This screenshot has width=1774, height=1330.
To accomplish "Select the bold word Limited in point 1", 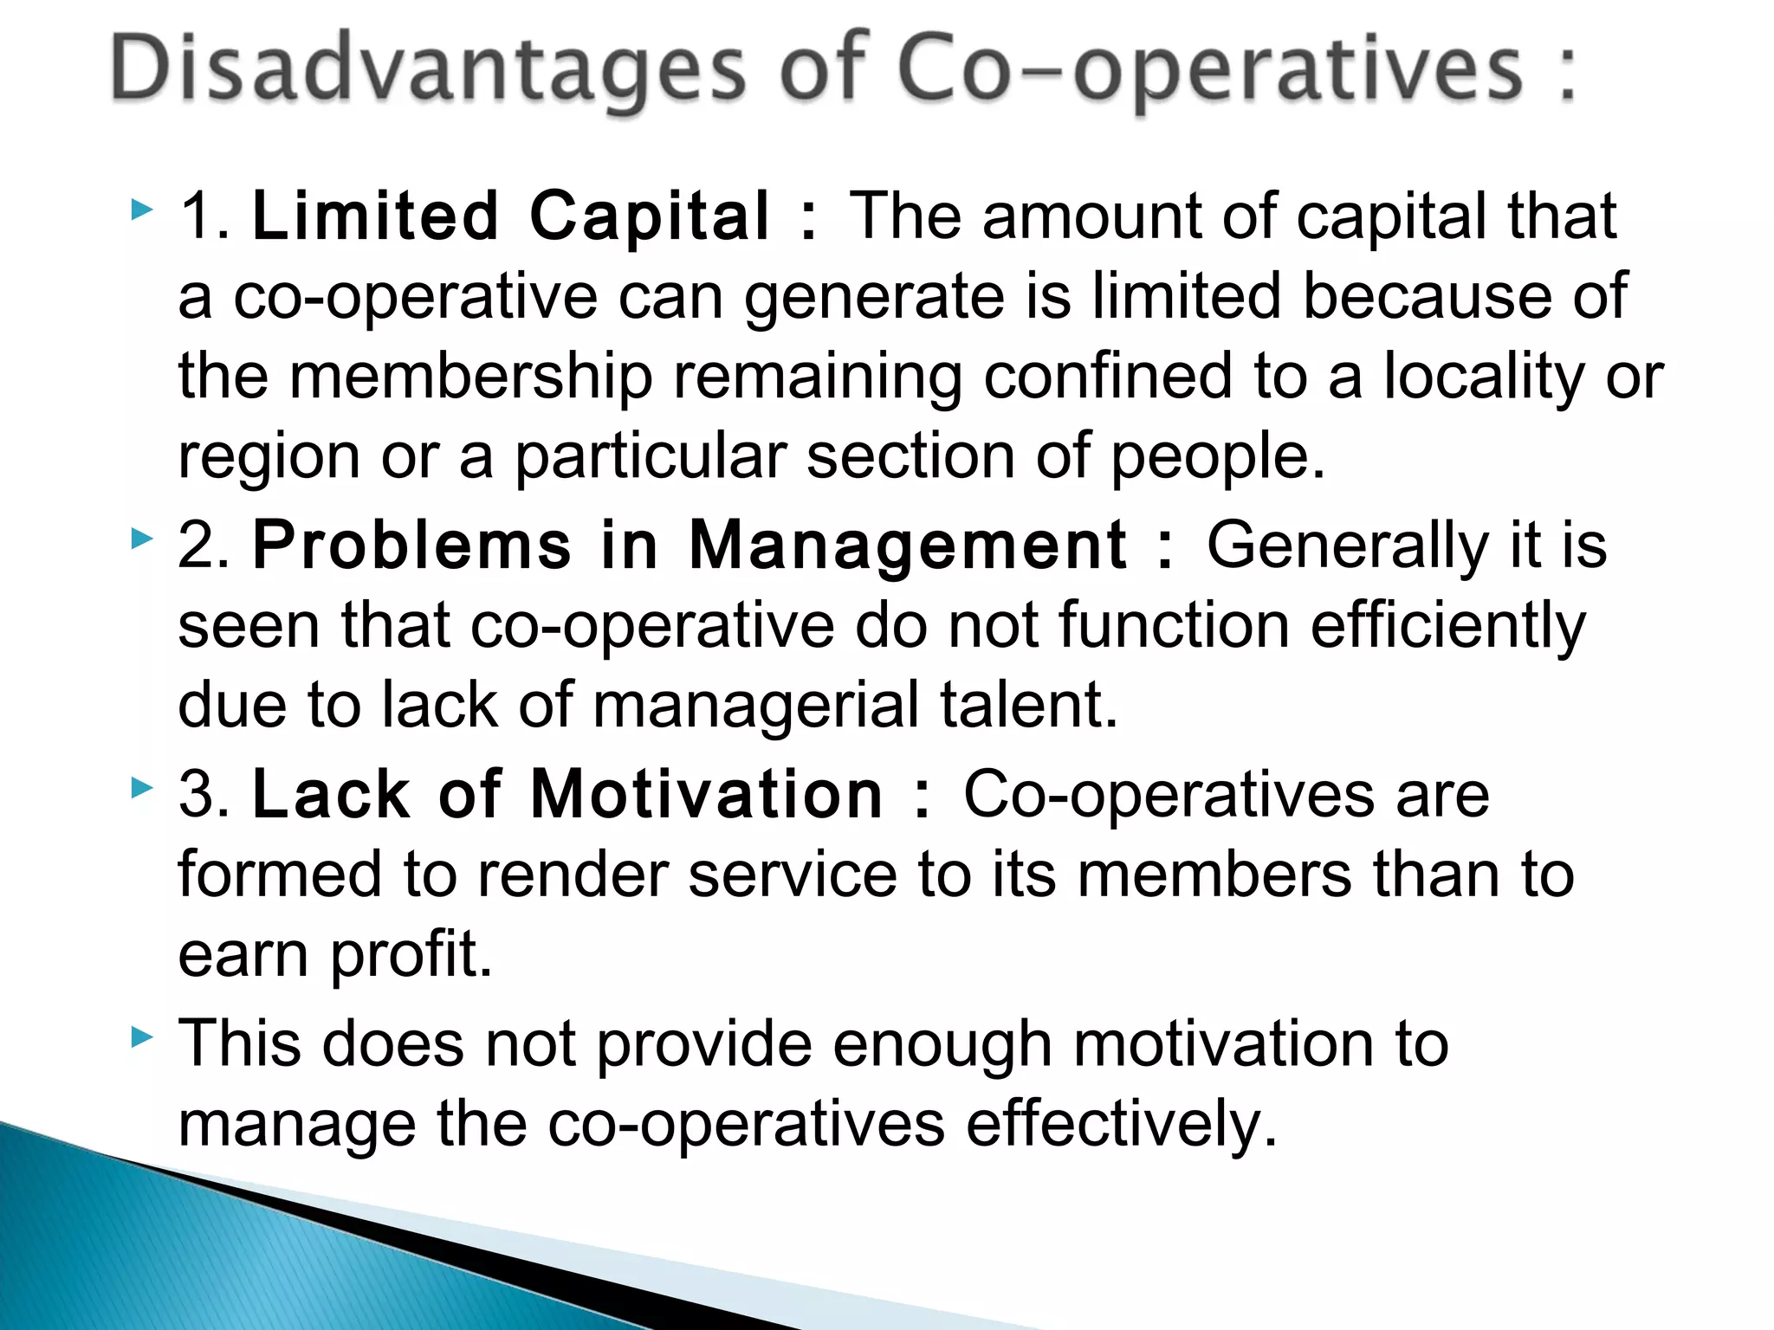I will click(375, 216).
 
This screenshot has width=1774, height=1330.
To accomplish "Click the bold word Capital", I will click(649, 216).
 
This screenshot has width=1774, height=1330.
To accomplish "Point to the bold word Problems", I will click(412, 546).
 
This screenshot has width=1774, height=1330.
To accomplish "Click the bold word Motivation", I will click(706, 794).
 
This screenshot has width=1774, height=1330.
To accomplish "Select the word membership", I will click(470, 377).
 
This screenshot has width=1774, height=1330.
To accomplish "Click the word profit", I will click(411, 954).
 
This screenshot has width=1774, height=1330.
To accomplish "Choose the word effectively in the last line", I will click(1122, 1123).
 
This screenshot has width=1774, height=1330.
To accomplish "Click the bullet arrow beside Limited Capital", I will click(142, 210).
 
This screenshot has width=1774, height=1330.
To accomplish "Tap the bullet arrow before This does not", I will click(142, 1036).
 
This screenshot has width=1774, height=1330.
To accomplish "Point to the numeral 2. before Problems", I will click(204, 546).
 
